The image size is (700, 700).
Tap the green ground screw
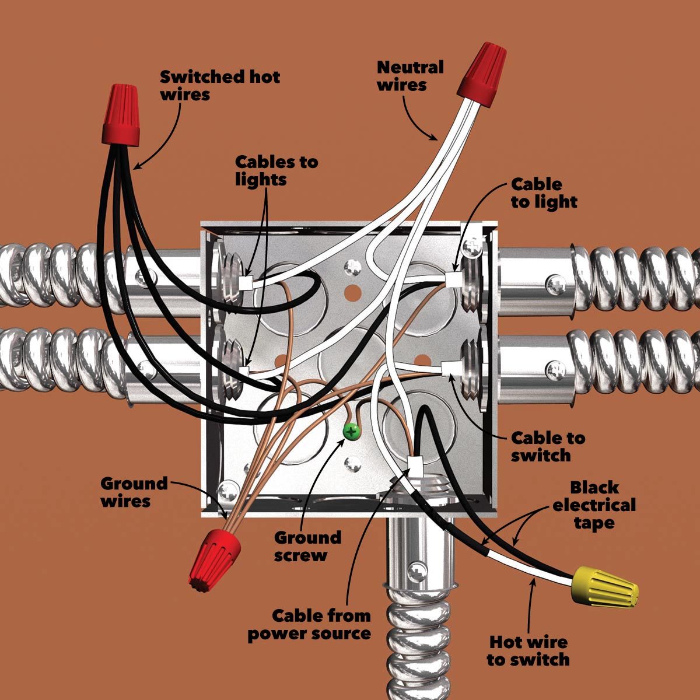[351, 432]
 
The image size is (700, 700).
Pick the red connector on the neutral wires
[481, 72]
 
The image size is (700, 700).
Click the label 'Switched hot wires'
[220, 85]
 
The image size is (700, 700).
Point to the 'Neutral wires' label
[410, 76]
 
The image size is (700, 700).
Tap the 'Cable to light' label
[544, 193]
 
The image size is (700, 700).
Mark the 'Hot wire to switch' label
[528, 651]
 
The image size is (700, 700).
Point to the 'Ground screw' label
[307, 546]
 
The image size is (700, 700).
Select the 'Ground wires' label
[134, 492]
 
